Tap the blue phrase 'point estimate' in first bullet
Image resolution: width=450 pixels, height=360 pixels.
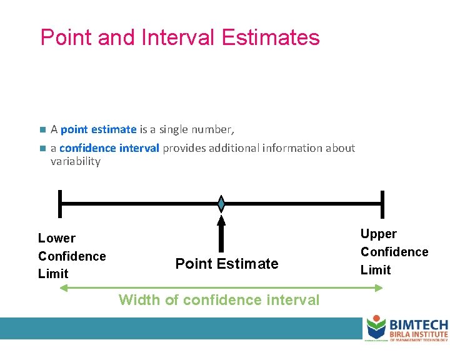(x=99, y=129)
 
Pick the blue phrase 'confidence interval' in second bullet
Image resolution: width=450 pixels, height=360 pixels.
(x=109, y=148)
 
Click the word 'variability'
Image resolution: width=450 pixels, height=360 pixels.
(x=75, y=161)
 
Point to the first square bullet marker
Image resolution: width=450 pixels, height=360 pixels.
(x=42, y=130)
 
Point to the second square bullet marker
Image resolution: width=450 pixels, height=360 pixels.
(x=42, y=149)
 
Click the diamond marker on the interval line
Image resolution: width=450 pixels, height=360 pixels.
(x=221, y=204)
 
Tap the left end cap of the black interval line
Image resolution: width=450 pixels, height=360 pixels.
(x=59, y=204)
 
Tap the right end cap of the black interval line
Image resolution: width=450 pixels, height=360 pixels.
(x=382, y=204)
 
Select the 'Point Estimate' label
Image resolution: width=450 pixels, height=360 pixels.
(x=226, y=264)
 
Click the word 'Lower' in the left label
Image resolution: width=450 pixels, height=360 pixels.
(x=56, y=238)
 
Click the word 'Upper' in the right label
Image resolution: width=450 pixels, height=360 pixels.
(x=378, y=234)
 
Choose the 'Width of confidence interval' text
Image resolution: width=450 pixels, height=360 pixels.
(x=219, y=300)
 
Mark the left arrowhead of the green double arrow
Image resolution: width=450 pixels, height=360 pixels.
(x=62, y=287)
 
